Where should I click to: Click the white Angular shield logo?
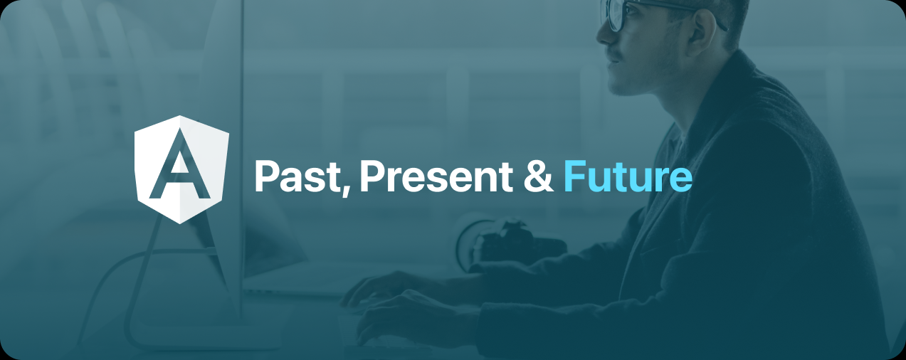(x=182, y=169)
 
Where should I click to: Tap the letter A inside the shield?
(x=181, y=165)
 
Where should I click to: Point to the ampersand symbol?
(x=538, y=176)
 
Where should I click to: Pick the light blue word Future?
(x=627, y=176)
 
